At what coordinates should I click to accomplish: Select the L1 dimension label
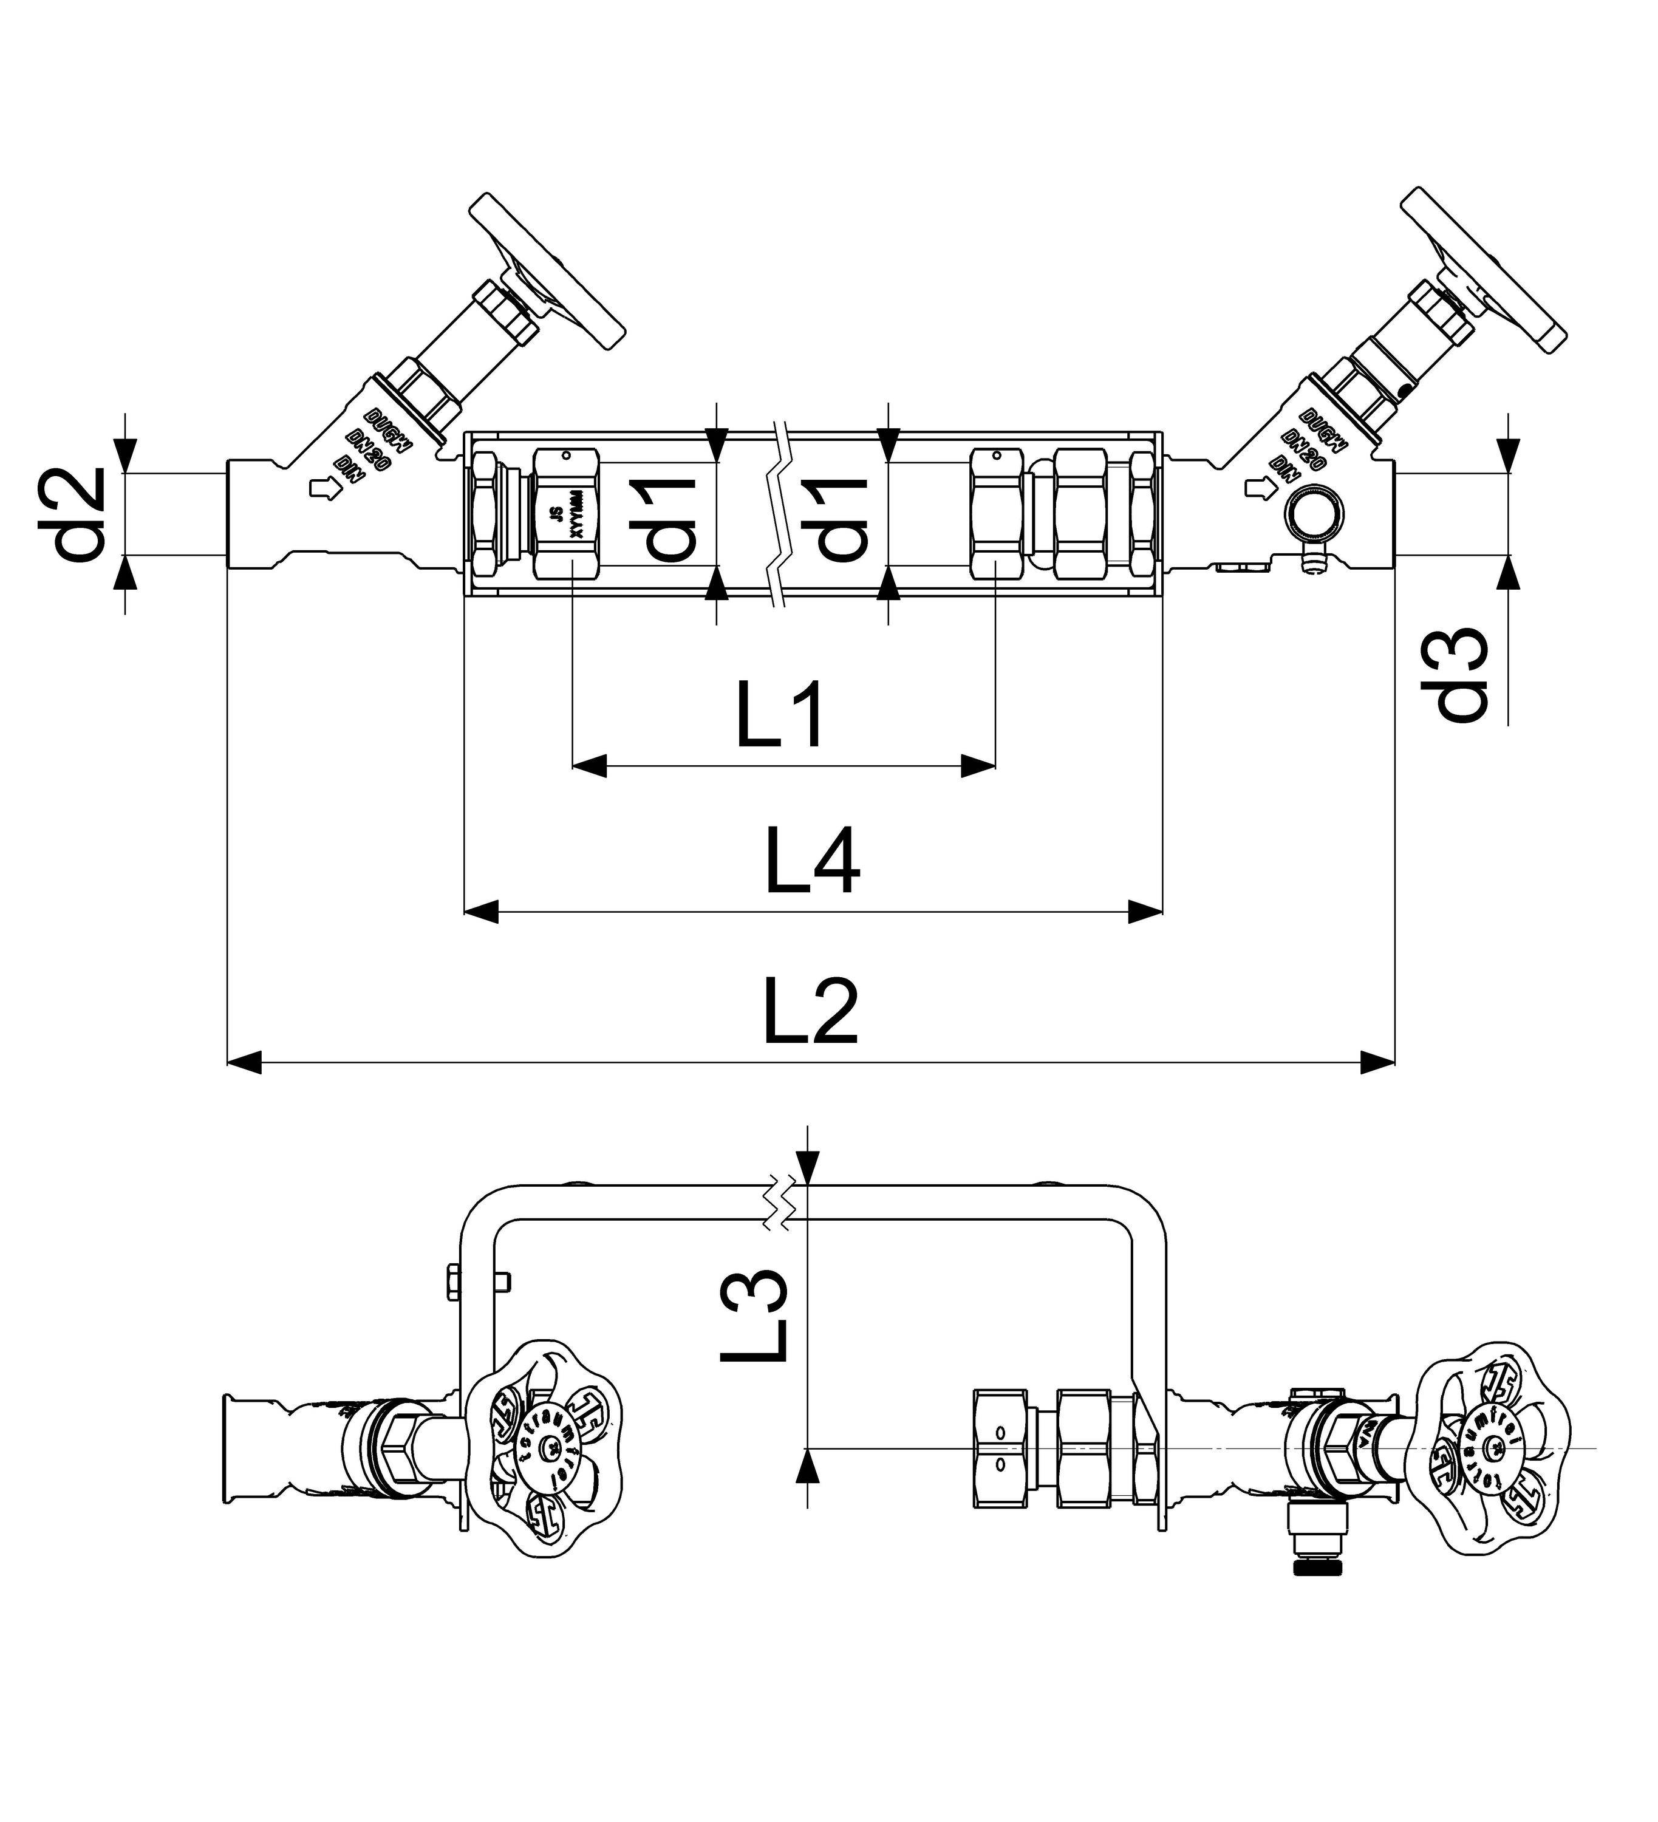[x=780, y=717]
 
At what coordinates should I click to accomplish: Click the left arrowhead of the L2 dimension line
[x=245, y=1062]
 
